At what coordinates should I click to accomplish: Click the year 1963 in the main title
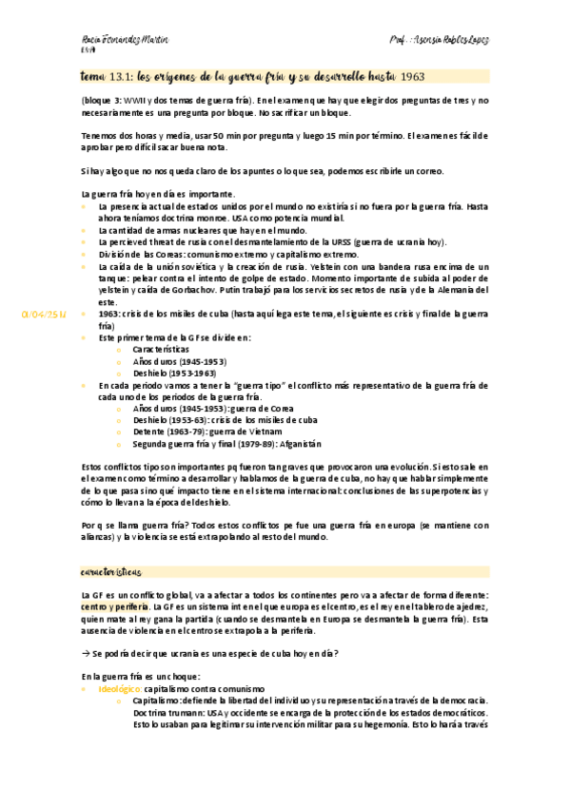click(412, 76)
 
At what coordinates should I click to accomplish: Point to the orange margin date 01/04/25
click(42, 312)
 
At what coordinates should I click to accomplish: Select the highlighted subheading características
click(109, 572)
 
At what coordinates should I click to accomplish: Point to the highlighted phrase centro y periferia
click(115, 606)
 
